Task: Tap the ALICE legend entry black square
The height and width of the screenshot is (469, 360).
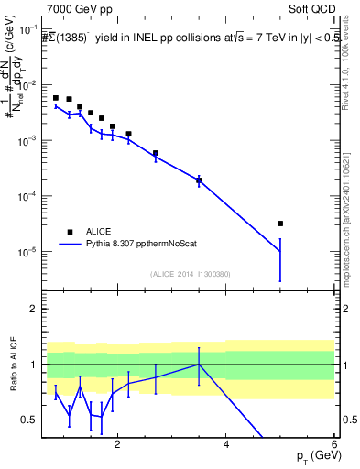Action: click(70, 232)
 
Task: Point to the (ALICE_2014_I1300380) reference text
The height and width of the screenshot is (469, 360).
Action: click(191, 274)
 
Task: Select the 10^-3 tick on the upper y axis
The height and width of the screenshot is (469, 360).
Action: click(27, 140)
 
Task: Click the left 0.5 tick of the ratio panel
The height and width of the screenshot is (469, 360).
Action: click(29, 420)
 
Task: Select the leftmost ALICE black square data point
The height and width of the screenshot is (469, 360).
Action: click(56, 97)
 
